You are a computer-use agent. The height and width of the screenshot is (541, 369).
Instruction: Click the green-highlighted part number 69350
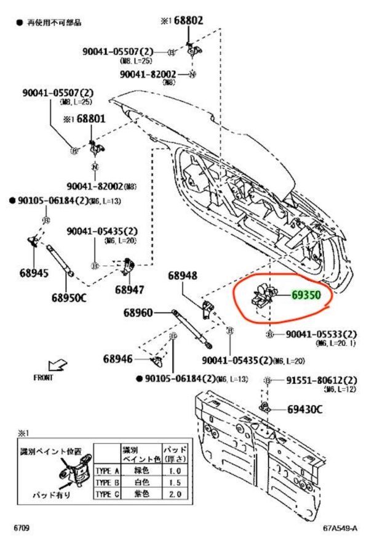[x=305, y=296]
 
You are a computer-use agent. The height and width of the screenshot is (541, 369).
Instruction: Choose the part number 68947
[x=130, y=289]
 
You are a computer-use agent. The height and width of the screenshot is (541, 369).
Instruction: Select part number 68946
[x=118, y=359]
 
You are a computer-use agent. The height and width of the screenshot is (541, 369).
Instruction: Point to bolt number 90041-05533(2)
[x=322, y=334]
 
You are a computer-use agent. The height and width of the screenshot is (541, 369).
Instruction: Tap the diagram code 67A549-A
[x=340, y=529]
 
